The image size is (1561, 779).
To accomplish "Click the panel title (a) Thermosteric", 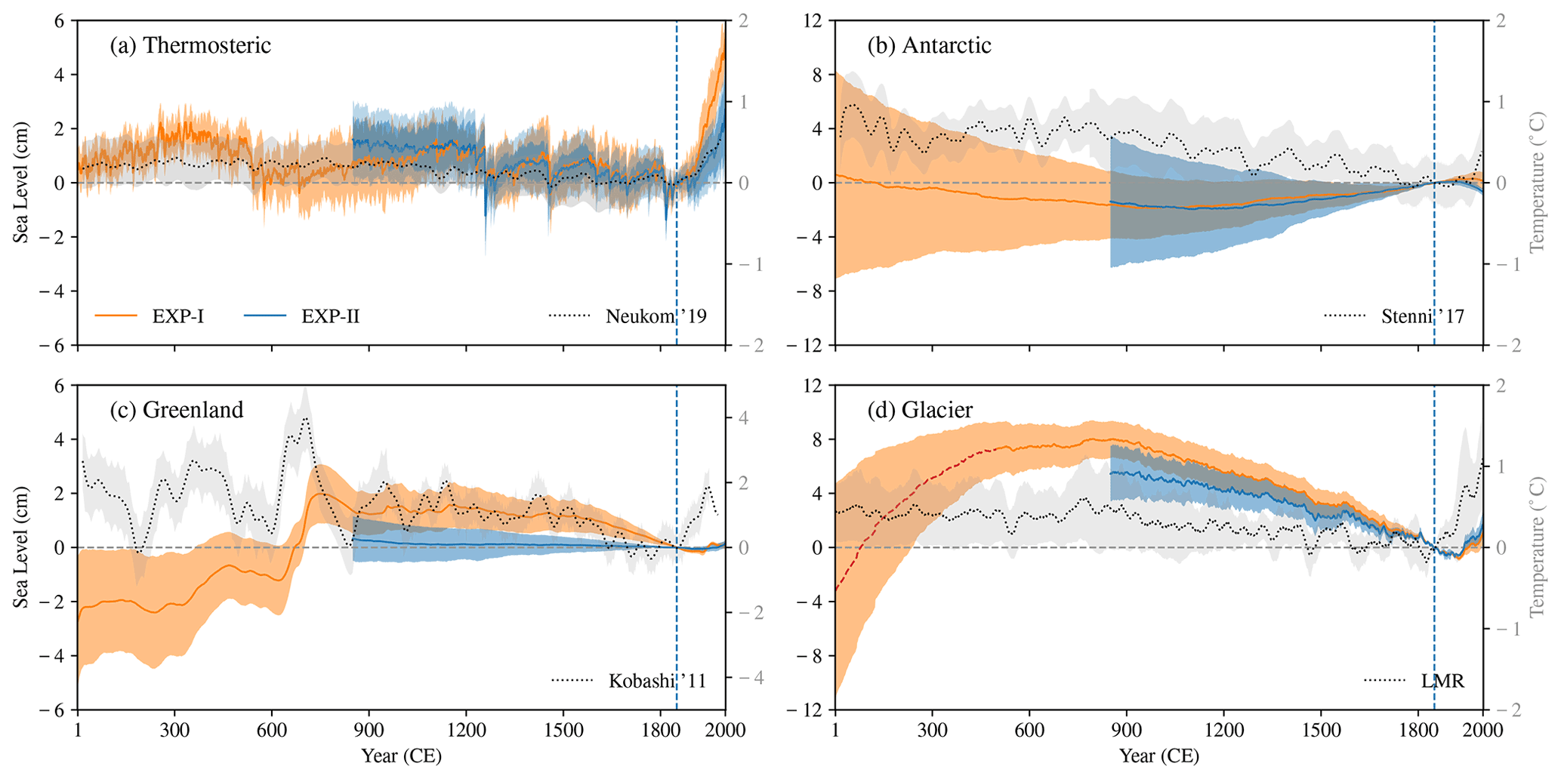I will (x=190, y=45).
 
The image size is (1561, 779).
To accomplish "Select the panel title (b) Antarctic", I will (x=929, y=45).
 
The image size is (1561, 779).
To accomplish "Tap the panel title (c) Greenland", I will (x=177, y=410).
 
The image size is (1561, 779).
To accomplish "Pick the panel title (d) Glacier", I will (x=920, y=410).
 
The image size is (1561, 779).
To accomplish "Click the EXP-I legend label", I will (x=178, y=316).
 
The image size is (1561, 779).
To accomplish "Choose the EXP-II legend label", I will (x=330, y=316).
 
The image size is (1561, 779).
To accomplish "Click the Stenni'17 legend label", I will (x=1423, y=316).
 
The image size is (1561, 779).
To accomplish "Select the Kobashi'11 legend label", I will (x=657, y=681).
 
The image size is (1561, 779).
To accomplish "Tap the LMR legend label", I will (x=1442, y=681).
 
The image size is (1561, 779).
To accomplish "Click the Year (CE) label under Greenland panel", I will (x=401, y=756).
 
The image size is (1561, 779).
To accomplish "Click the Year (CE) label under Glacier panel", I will (x=1158, y=756).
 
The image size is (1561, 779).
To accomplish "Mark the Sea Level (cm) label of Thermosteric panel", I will (x=21, y=183).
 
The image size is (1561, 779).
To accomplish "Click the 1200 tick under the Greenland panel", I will (x=466, y=730).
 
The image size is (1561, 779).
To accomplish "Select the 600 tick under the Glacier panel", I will (x=1029, y=730).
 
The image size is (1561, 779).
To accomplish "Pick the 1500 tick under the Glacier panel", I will (x=1321, y=730).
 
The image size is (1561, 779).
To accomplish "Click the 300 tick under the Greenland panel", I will (x=174, y=730).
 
